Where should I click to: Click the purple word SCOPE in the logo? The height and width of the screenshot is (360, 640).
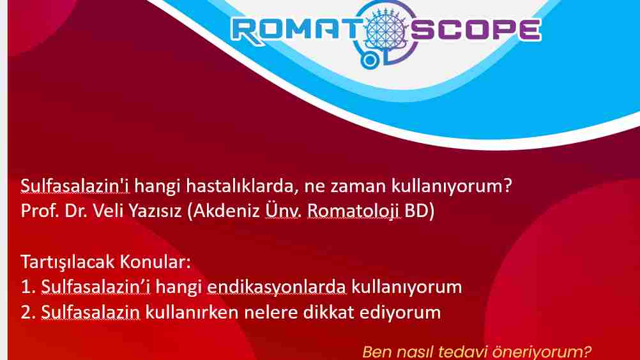[x=475, y=30]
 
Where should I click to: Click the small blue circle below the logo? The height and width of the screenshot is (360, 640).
[x=370, y=61]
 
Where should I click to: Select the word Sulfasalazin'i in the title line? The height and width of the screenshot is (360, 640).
[x=75, y=186]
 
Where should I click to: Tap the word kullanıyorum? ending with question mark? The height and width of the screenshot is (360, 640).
[x=452, y=186]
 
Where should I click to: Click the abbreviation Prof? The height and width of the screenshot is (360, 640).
[x=40, y=211]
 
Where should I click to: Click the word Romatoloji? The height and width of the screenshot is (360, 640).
[x=353, y=211]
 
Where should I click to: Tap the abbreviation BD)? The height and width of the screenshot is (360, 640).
[x=420, y=211]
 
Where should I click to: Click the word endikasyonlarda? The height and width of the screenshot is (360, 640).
[x=277, y=287]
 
